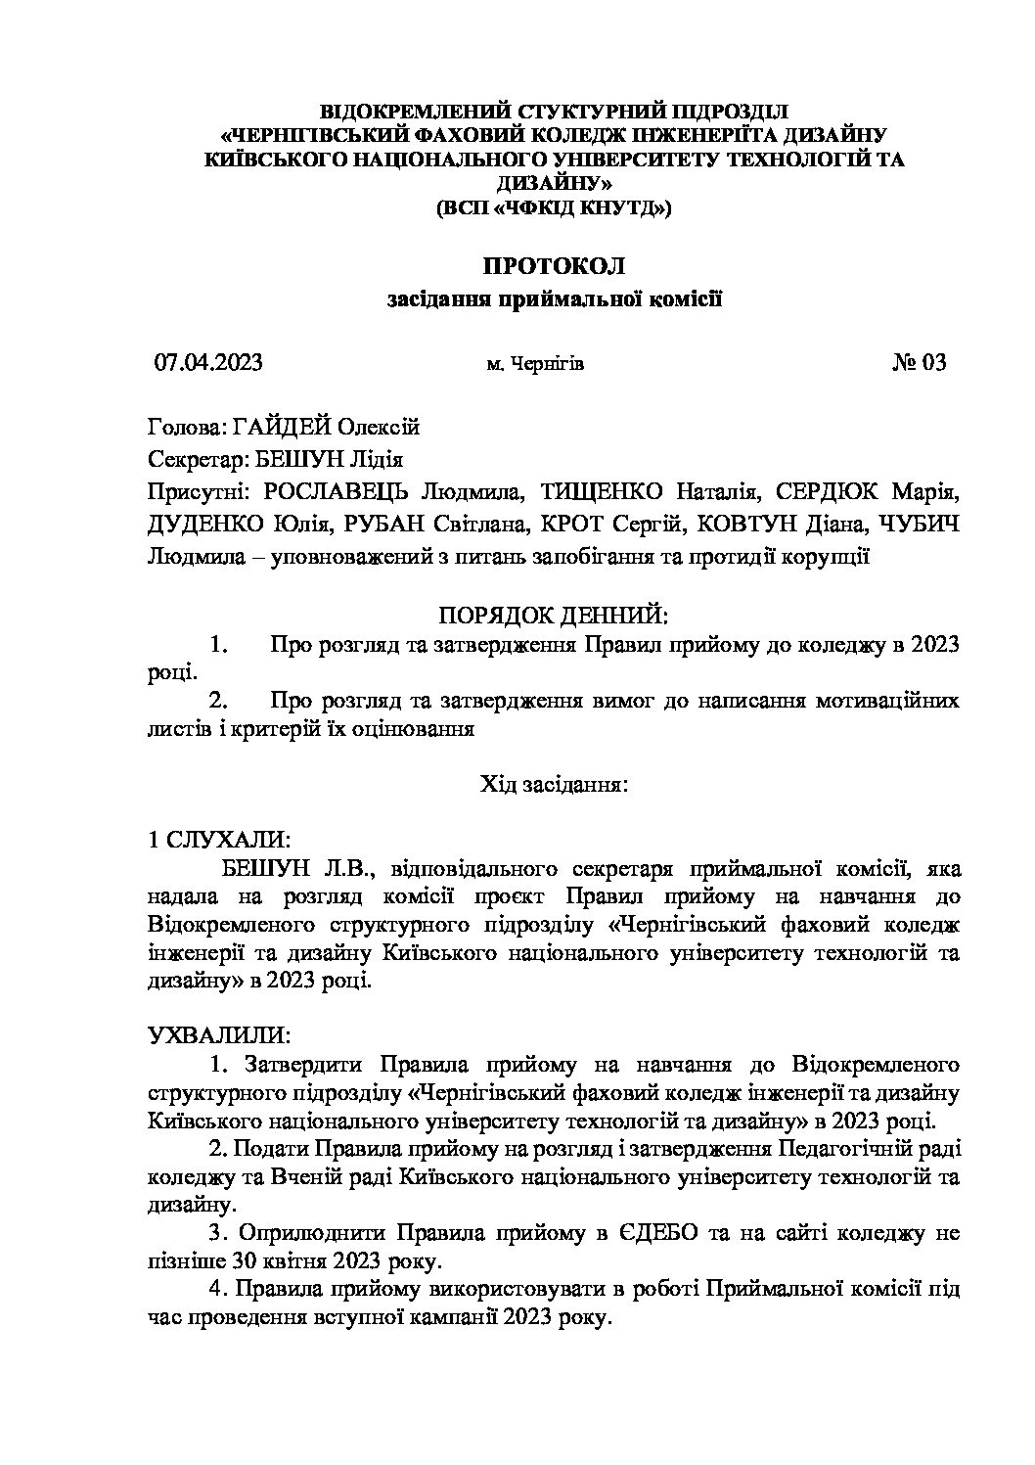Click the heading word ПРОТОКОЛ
[554, 266]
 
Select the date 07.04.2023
[208, 363]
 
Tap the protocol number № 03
[919, 363]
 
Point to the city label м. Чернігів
[535, 364]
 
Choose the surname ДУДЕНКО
[202, 524]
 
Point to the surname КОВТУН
[736, 524]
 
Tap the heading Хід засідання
[554, 784]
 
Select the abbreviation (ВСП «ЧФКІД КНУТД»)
[554, 207]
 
